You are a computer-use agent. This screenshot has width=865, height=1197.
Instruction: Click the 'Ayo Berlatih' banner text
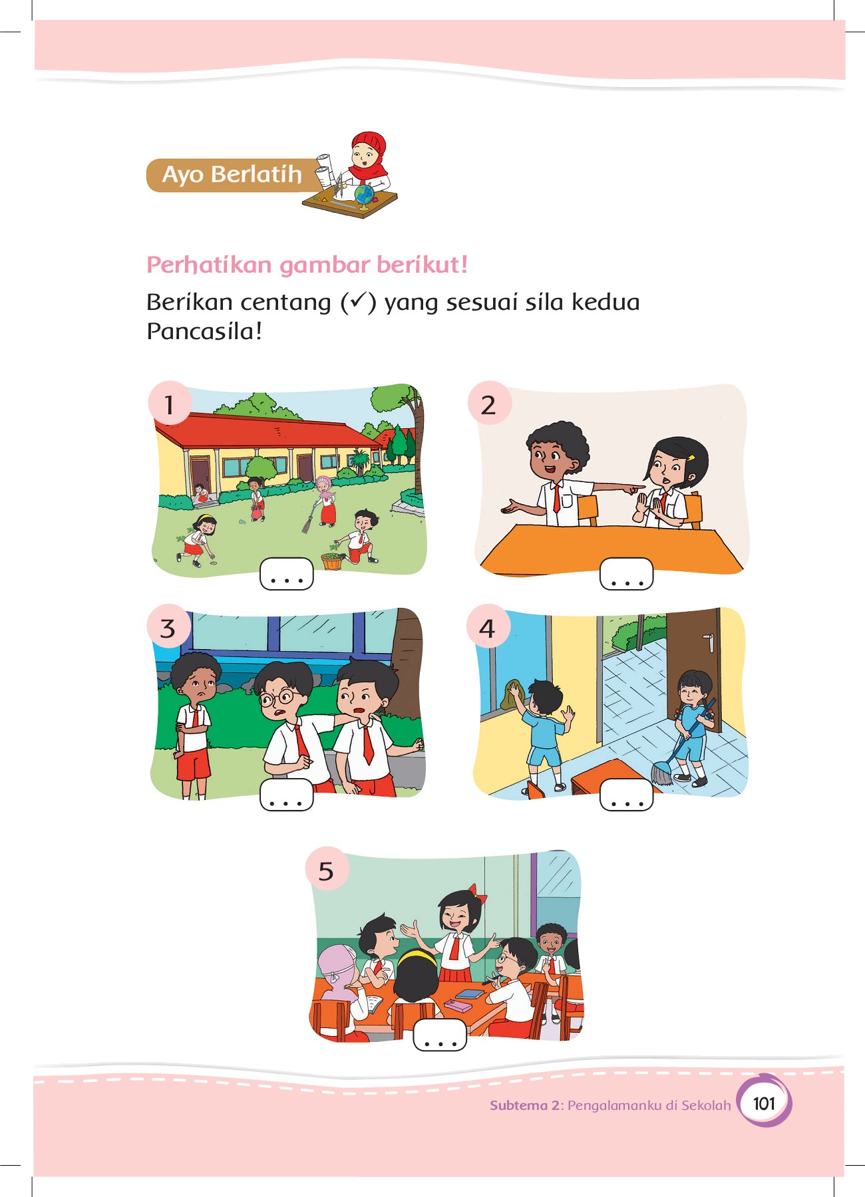pyautogui.click(x=232, y=174)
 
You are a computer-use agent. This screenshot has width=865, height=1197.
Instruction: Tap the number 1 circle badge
pyautogui.click(x=170, y=403)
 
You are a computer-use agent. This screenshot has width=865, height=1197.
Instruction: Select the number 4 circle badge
pyautogui.click(x=488, y=626)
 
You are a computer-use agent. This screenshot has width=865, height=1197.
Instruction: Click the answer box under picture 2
pyautogui.click(x=626, y=574)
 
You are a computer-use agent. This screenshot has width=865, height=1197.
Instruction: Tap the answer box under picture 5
pyautogui.click(x=440, y=1035)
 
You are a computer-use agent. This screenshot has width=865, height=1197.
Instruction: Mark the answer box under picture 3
pyautogui.click(x=286, y=794)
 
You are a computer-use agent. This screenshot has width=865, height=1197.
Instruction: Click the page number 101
pyautogui.click(x=765, y=1104)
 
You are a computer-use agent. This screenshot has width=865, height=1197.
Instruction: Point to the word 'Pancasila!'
pyautogui.click(x=204, y=331)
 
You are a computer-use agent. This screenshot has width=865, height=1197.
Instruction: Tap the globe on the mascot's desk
pyautogui.click(x=364, y=194)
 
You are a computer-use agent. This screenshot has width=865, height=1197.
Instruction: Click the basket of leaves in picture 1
pyautogui.click(x=333, y=561)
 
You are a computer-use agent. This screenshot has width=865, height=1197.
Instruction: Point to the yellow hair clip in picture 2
pyautogui.click(x=692, y=458)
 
